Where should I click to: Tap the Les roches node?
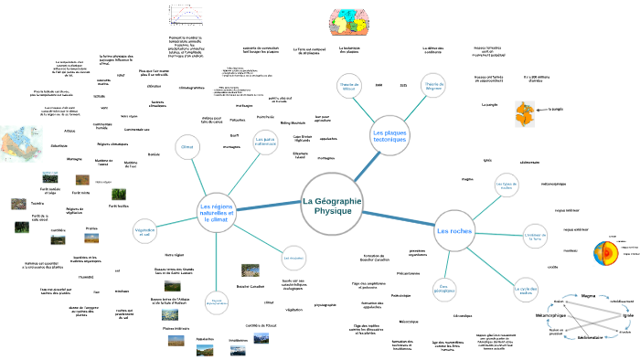click(x=454, y=231)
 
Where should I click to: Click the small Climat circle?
click(x=188, y=146)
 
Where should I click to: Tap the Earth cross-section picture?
click(x=608, y=252)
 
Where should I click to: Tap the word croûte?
click(x=552, y=266)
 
